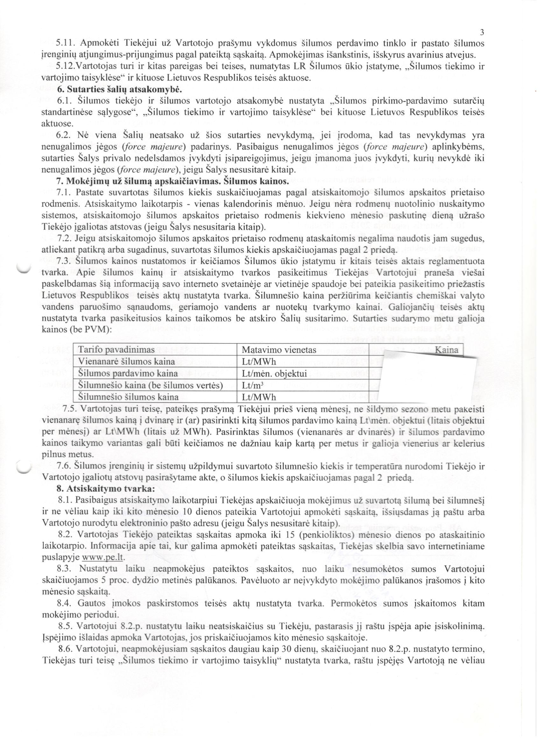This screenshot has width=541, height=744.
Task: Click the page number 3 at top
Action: coord(481,32)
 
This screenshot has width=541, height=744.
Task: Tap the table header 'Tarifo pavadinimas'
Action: coord(116,350)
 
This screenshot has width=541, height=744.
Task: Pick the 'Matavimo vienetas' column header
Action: coord(279,350)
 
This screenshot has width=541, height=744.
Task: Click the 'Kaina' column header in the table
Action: coord(446,350)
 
